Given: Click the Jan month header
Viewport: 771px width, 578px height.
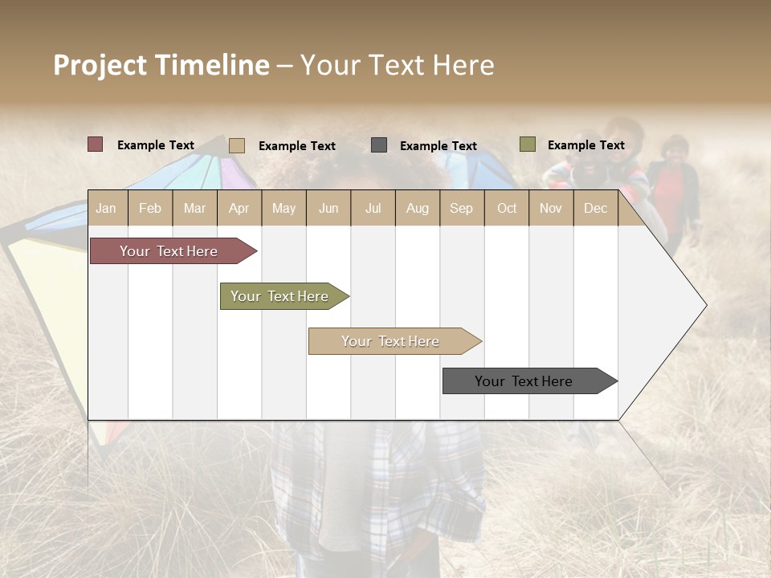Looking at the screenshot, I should point(106,208).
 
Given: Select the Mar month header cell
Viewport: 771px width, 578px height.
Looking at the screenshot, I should point(194,208).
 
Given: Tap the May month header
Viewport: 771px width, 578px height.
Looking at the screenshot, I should point(284,208).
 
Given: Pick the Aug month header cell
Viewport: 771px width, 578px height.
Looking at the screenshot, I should point(417,208).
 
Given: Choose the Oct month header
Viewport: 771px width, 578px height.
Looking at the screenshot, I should point(507,208).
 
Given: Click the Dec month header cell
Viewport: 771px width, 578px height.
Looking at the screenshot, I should point(595,208).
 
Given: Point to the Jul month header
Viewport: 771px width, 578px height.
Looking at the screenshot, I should point(373,208).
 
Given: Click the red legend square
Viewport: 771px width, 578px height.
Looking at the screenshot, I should point(96,144).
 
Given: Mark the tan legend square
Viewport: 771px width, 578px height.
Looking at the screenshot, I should point(237,145).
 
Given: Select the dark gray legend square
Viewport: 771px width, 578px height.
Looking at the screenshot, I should point(379,145).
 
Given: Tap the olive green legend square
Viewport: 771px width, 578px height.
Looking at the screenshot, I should point(528,144).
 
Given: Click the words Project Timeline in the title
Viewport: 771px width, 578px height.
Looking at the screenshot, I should point(161,65).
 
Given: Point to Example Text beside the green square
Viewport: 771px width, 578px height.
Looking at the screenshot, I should point(585,145).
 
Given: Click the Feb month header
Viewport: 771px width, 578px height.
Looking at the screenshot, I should point(150,208).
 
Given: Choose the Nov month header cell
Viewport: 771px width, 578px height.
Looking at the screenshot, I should point(551,208).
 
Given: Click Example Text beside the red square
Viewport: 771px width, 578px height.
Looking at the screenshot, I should point(156,145).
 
